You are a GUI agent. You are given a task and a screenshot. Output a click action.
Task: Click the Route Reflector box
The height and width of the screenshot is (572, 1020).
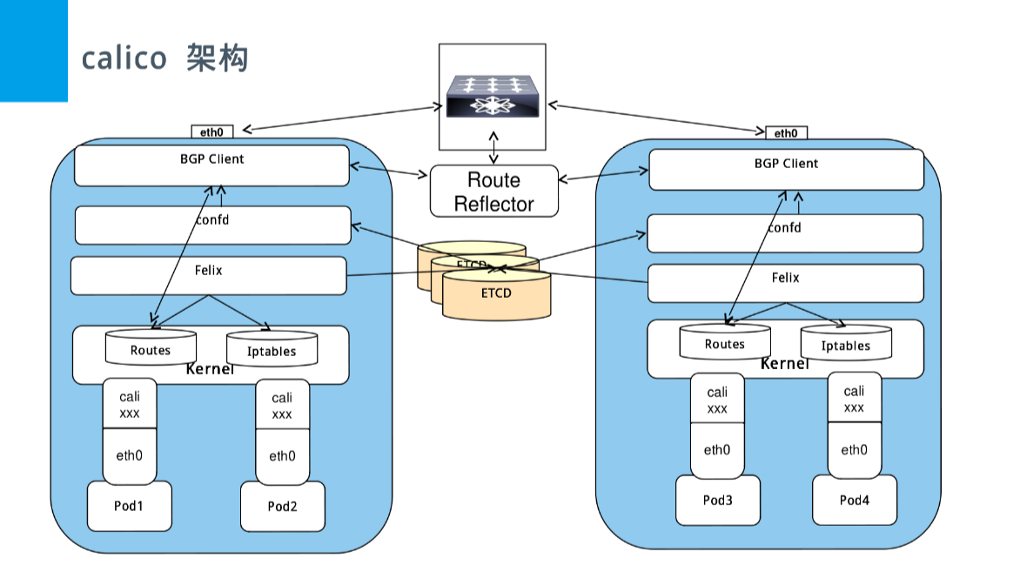tap(493, 192)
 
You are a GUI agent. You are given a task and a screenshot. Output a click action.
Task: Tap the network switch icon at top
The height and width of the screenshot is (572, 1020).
tap(493, 97)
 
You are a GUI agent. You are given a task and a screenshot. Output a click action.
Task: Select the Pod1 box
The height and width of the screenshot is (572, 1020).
tap(129, 506)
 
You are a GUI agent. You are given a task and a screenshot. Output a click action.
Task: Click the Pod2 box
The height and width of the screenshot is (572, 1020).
tap(282, 506)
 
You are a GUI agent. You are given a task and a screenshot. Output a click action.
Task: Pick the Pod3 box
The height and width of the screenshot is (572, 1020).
tap(718, 500)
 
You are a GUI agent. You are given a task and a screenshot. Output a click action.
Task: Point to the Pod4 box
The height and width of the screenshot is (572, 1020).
tap(854, 500)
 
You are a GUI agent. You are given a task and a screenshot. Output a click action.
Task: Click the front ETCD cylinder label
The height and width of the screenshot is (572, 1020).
tap(496, 293)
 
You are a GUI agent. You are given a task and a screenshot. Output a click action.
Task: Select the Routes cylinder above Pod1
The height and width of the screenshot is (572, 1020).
tap(151, 350)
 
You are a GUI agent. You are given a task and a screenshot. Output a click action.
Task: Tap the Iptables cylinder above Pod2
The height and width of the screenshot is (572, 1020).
tap(272, 352)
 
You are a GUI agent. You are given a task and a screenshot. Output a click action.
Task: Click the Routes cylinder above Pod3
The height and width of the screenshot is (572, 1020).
tap(725, 344)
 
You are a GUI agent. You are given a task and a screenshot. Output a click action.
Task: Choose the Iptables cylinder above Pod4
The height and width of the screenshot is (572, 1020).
tap(845, 346)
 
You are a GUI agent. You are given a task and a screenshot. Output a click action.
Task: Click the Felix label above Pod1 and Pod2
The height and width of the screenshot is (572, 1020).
tap(209, 271)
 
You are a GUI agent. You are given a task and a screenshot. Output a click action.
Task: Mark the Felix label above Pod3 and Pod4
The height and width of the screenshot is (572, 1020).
tap(785, 278)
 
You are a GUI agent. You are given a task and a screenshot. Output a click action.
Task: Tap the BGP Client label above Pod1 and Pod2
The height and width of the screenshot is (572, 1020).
tap(212, 159)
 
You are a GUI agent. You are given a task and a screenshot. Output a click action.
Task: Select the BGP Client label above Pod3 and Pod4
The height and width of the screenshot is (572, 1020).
tap(786, 164)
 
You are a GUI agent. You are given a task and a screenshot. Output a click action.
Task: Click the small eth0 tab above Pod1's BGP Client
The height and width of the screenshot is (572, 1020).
tap(212, 132)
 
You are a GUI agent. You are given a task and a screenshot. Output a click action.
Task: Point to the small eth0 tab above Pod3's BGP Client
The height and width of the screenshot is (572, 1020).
tap(786, 133)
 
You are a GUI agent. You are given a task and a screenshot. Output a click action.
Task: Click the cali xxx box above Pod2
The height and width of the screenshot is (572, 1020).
tap(282, 407)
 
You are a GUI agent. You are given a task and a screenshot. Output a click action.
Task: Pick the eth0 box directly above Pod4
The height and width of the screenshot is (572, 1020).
tap(854, 450)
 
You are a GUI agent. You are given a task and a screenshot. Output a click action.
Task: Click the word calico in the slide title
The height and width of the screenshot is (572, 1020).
tap(124, 58)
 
